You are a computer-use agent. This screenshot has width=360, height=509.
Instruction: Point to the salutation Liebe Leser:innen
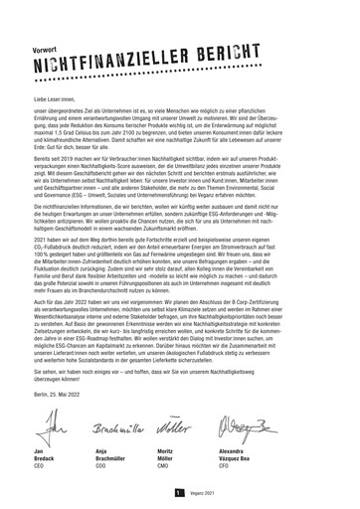(x=59, y=72)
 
